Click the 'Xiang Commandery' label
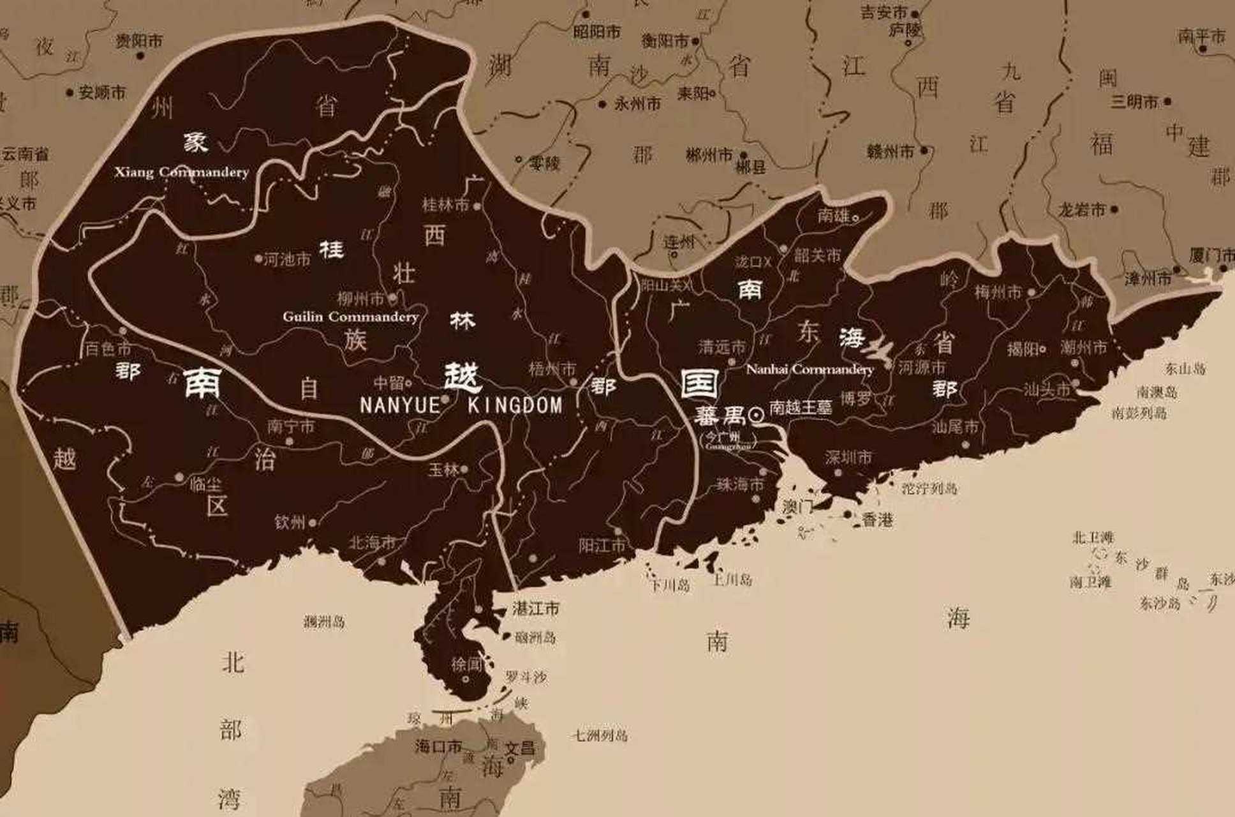(182, 172)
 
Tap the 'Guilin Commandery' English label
(350, 317)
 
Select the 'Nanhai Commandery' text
(810, 369)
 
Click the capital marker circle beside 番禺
(757, 416)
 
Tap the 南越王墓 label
(801, 408)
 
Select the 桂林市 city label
(445, 205)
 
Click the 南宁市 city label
(291, 426)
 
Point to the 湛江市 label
(536, 608)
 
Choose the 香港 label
(877, 520)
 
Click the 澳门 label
(798, 507)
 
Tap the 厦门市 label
(1211, 255)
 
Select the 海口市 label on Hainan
(438, 746)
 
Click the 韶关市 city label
(817, 255)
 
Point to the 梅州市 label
(998, 292)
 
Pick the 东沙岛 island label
(1160, 603)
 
